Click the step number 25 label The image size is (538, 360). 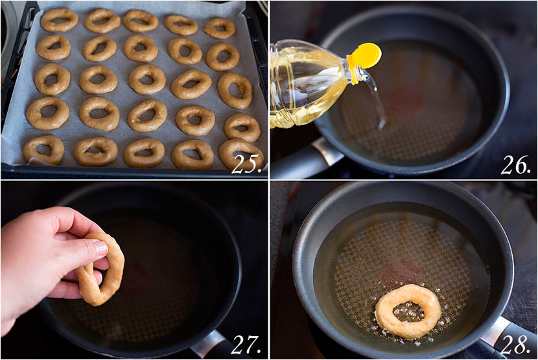click(x=246, y=165)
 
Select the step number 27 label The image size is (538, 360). click(x=246, y=344)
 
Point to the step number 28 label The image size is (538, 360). click(x=515, y=344)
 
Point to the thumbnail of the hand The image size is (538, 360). click(x=101, y=248)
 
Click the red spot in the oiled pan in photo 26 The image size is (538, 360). click(x=404, y=101)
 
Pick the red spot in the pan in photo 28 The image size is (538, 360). click(x=401, y=273)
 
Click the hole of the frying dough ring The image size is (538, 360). click(x=408, y=311)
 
